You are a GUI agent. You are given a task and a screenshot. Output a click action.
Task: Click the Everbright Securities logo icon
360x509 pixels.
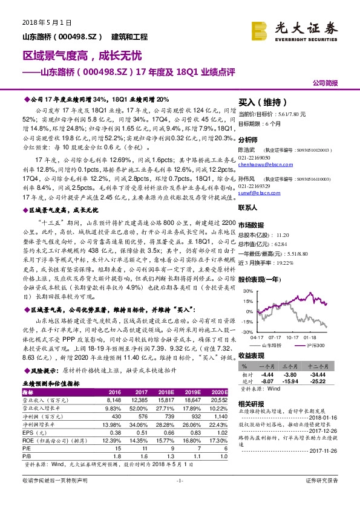(261, 29)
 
